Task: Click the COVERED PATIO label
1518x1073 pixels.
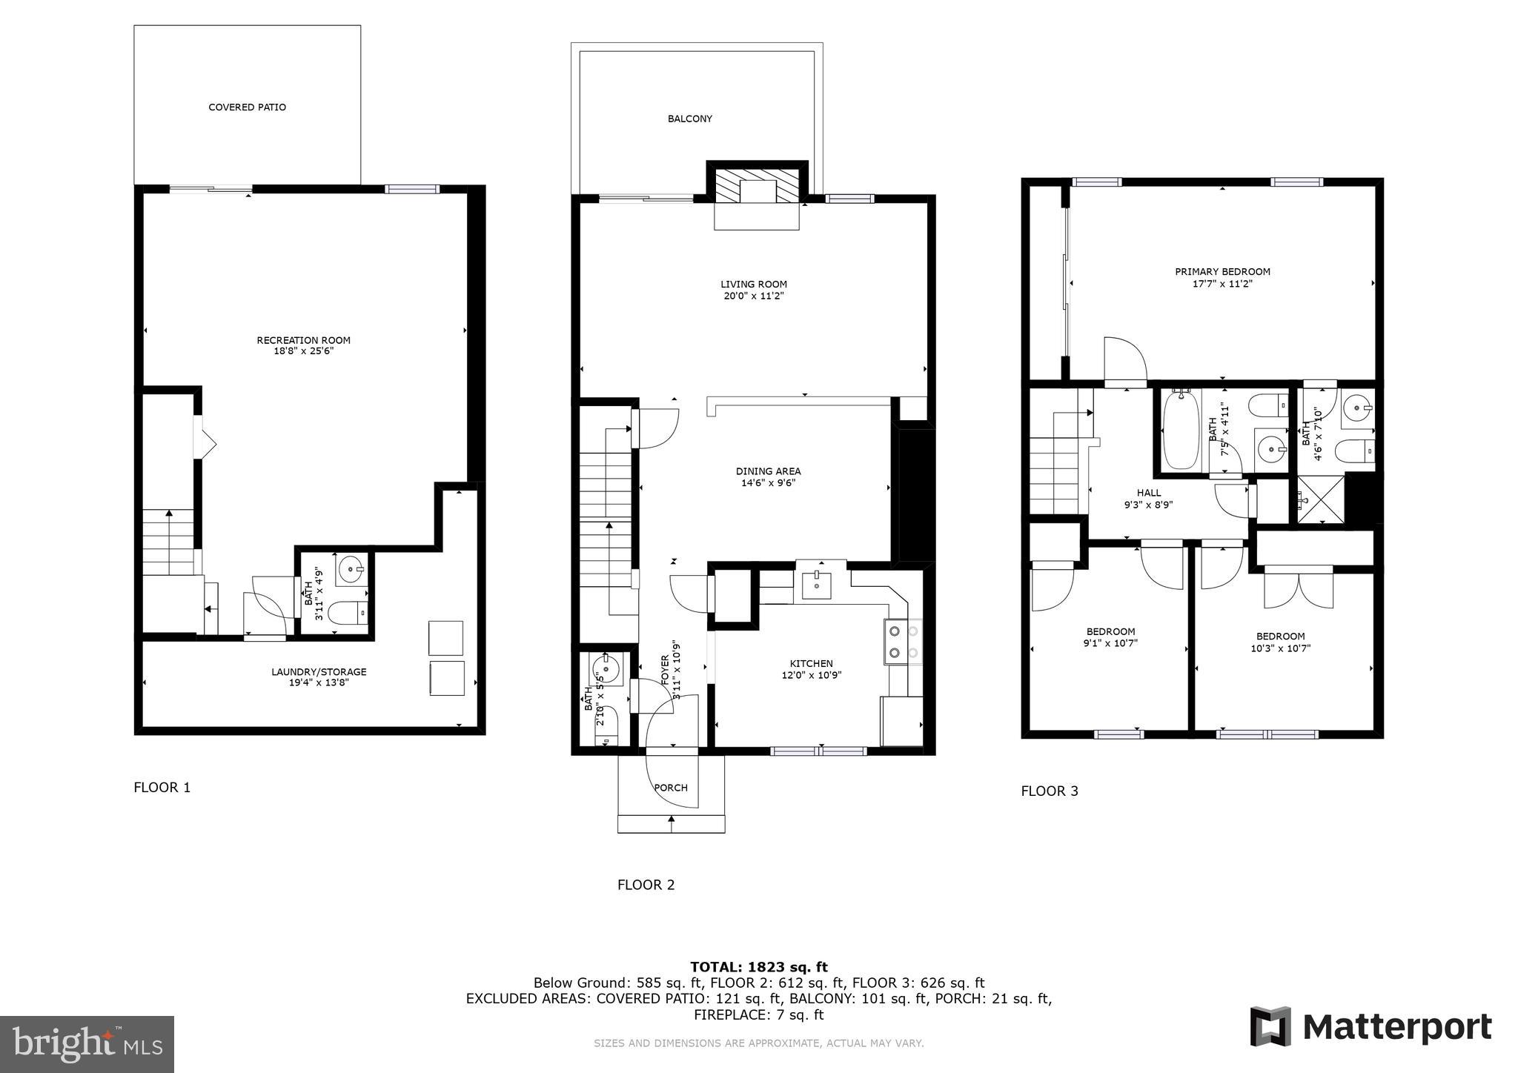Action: [247, 107]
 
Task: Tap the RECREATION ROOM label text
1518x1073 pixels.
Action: [303, 340]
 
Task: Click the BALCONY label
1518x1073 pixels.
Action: [689, 119]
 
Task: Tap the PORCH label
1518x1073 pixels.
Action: [671, 788]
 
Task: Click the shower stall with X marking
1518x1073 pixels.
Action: [1320, 500]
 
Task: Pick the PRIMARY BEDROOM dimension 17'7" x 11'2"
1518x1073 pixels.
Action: [1222, 284]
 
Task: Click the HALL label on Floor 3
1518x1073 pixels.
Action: [1149, 493]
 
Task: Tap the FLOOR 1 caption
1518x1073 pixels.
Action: [162, 788]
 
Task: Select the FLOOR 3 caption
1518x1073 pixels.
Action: [1049, 791]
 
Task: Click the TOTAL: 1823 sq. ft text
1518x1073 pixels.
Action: [758, 967]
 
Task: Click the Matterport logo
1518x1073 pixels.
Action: [1370, 1027]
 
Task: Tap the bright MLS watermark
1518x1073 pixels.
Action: [87, 1043]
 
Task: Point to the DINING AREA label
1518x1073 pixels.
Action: [768, 471]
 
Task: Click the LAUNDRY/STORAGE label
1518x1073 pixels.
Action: [319, 672]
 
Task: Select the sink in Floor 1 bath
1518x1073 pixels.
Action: [350, 570]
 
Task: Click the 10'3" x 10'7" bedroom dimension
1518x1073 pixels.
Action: [1280, 648]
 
